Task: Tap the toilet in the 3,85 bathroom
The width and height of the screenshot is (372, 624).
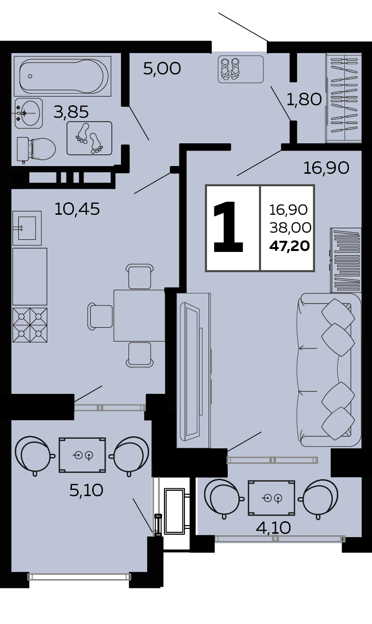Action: pyautogui.click(x=36, y=149)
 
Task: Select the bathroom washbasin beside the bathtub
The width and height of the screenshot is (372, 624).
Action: pyautogui.click(x=28, y=113)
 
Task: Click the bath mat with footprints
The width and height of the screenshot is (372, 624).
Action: pyautogui.click(x=89, y=138)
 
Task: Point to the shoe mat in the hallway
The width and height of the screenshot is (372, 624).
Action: pyautogui.click(x=241, y=69)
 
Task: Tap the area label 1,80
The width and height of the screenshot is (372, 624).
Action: pyautogui.click(x=304, y=99)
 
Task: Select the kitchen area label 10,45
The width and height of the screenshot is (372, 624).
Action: pyautogui.click(x=77, y=209)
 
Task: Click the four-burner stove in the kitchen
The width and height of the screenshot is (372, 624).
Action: pyautogui.click(x=30, y=325)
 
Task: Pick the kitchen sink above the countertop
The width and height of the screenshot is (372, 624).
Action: pyautogui.click(x=27, y=228)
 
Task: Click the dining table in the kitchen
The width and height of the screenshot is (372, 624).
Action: pyautogui.click(x=139, y=316)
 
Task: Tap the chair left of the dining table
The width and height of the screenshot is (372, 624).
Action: pyautogui.click(x=100, y=315)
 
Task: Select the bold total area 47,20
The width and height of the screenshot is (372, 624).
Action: pyautogui.click(x=289, y=246)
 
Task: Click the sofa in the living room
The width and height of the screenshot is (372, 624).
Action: pyautogui.click(x=329, y=370)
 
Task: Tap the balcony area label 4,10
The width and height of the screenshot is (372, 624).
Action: pyautogui.click(x=274, y=527)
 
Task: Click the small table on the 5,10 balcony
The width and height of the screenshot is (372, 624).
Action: pyautogui.click(x=82, y=455)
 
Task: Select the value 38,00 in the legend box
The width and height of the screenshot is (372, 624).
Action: pyautogui.click(x=290, y=228)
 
